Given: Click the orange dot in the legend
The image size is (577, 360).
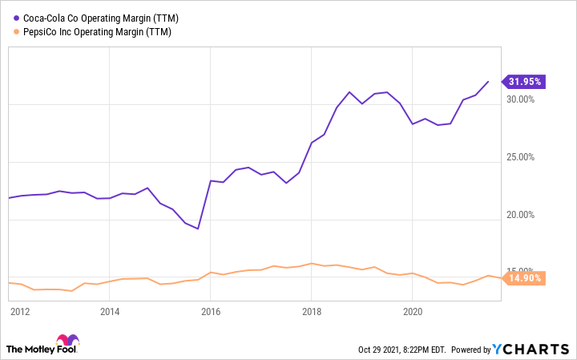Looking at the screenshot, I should pyautogui.click(x=12, y=33).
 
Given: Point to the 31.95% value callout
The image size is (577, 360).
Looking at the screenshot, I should pyautogui.click(x=524, y=81).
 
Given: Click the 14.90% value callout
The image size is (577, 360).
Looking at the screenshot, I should pyautogui.click(x=524, y=278).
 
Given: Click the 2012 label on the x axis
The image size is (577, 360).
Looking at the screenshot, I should pyautogui.click(x=20, y=311).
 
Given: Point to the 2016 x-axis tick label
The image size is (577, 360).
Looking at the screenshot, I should pyautogui.click(x=210, y=311).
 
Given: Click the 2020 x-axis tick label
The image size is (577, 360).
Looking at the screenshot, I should pyautogui.click(x=411, y=311).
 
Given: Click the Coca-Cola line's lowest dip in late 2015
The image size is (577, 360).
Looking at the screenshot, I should pyautogui.click(x=197, y=229).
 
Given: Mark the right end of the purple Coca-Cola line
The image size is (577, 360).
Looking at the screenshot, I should pyautogui.click(x=488, y=81).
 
